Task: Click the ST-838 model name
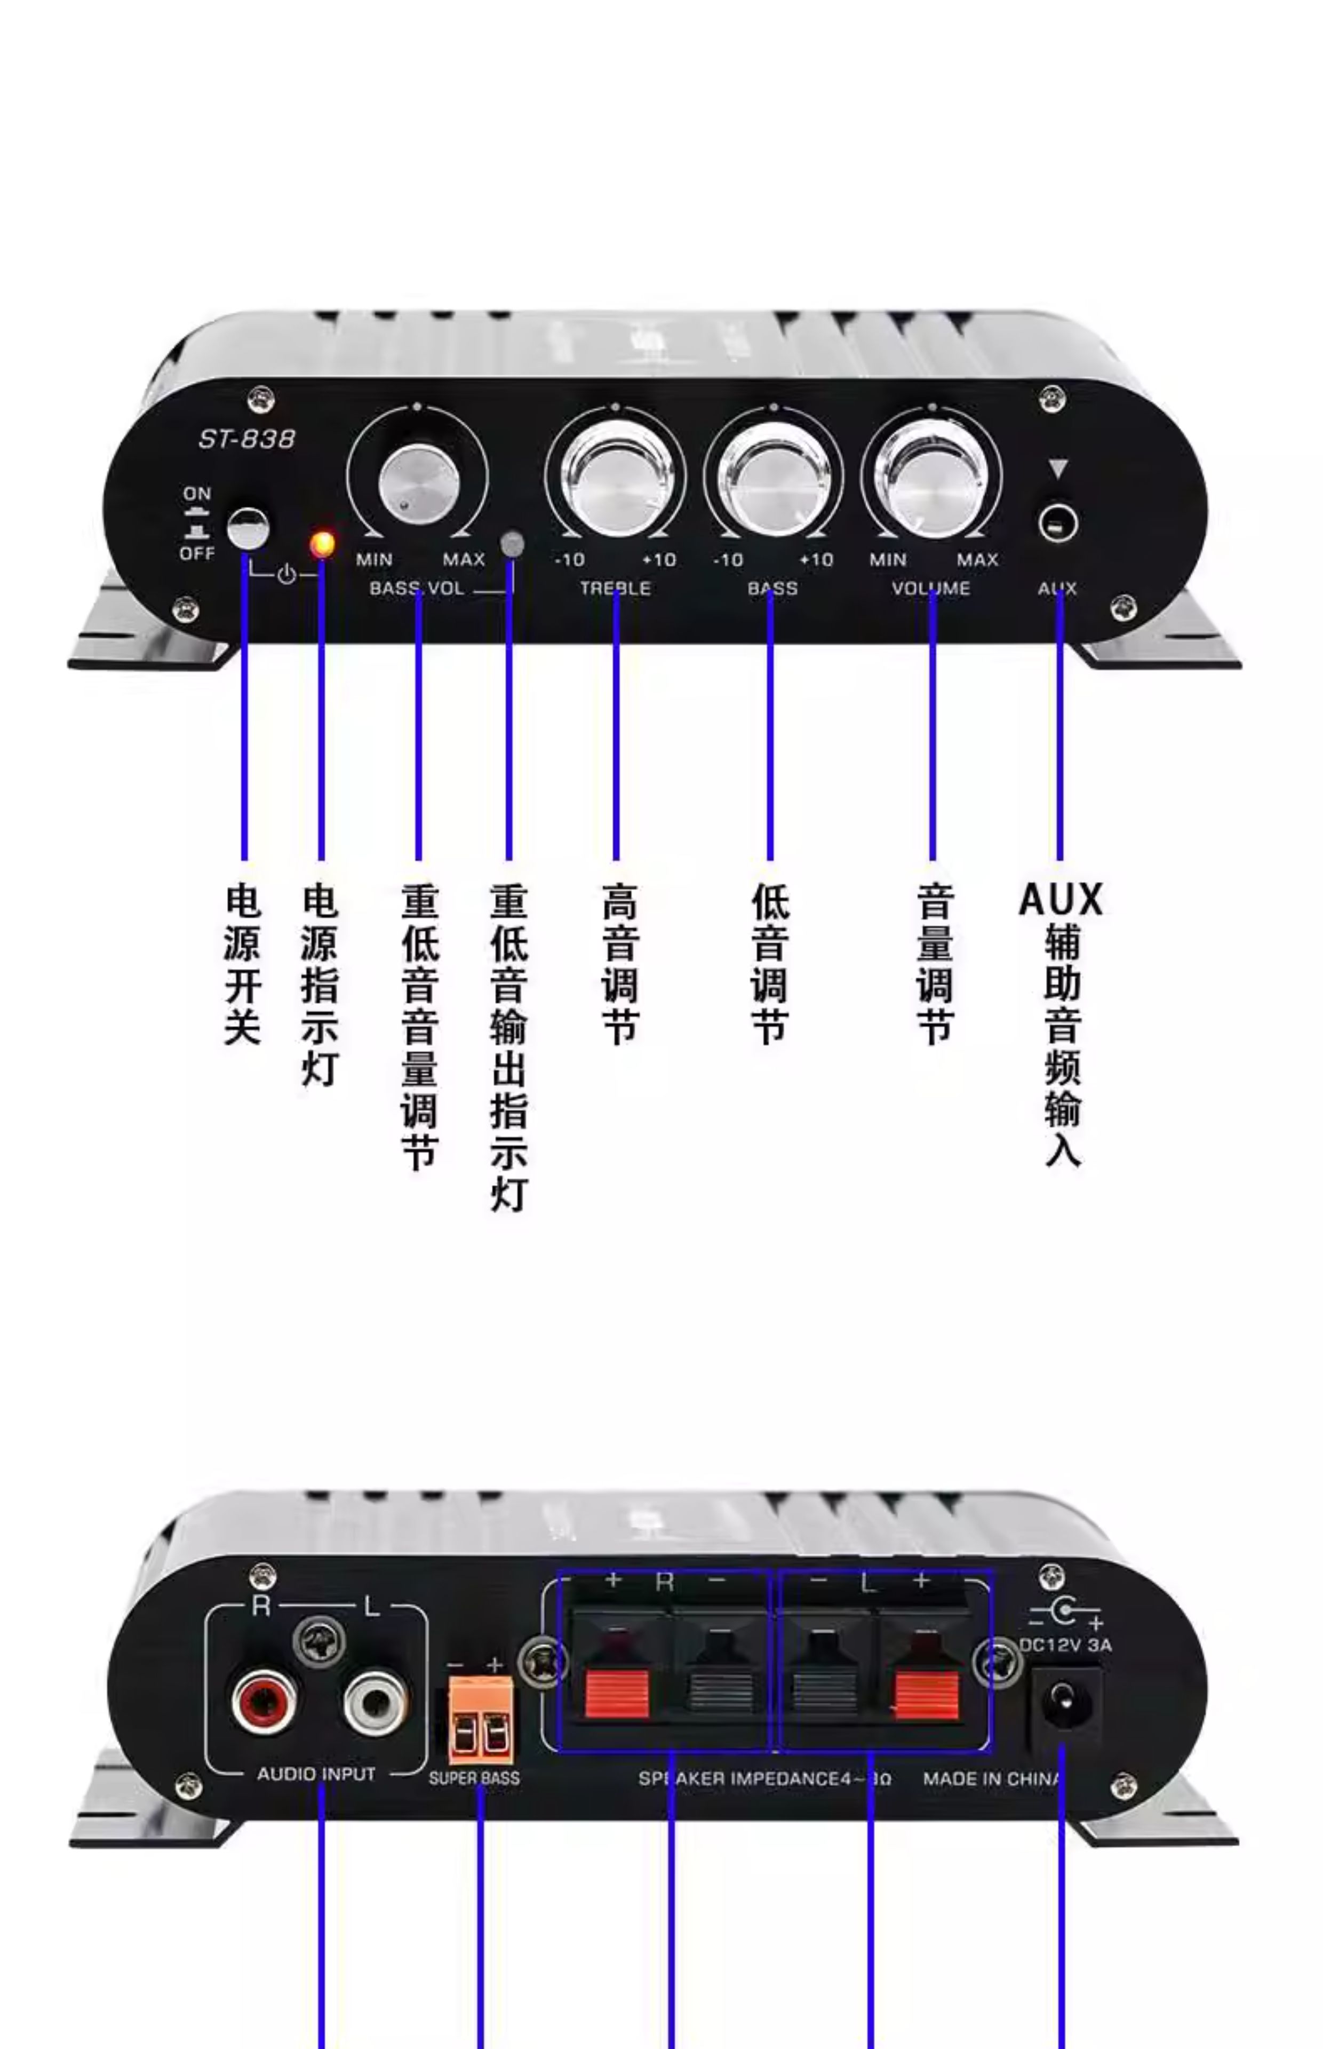[x=246, y=439]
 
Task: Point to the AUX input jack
[x=1057, y=523]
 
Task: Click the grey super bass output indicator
[x=512, y=543]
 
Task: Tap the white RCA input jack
[x=374, y=1699]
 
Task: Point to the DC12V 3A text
[x=1065, y=1645]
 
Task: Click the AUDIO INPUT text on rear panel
[x=316, y=1773]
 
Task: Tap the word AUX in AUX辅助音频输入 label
[x=1060, y=900]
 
